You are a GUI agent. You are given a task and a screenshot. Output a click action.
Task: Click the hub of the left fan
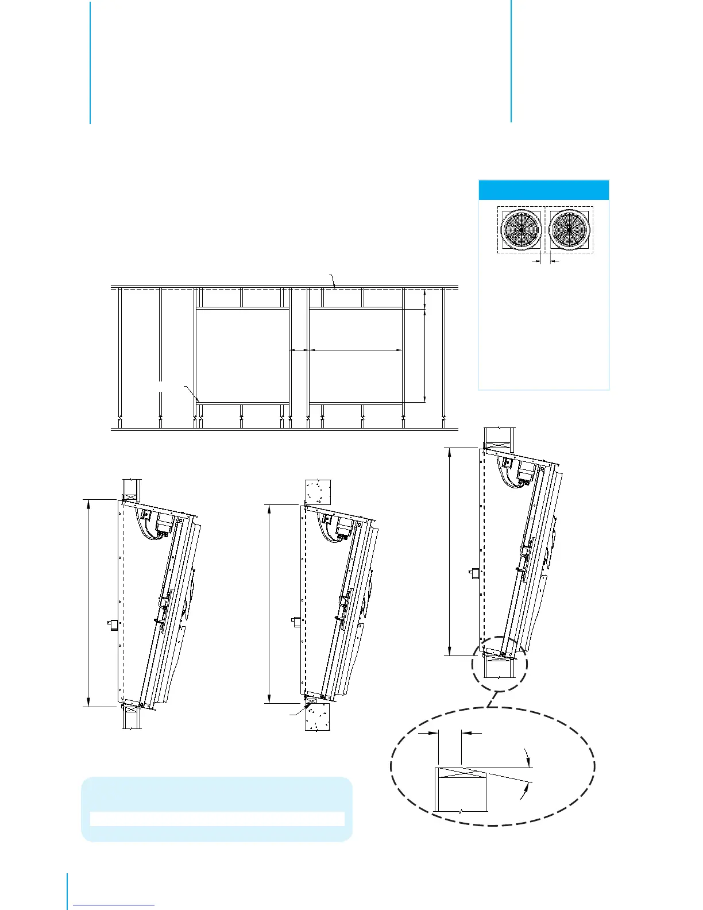coord(522,230)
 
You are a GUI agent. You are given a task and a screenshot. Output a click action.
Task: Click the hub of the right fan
coord(569,230)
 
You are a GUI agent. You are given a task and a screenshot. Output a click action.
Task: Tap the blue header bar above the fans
coord(543,190)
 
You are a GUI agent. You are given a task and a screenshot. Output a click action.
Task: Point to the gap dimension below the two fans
coord(545,261)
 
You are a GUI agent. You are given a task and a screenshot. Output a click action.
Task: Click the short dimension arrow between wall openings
coord(299,349)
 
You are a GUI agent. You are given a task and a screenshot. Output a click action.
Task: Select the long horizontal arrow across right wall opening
coord(356,349)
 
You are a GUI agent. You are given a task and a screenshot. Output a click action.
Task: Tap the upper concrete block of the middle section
coord(317,491)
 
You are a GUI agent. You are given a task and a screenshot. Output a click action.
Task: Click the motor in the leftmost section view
coord(165,523)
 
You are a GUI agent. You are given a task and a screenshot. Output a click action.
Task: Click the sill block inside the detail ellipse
coord(461,790)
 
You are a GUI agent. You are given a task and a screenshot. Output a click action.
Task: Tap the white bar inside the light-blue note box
coord(217,819)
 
